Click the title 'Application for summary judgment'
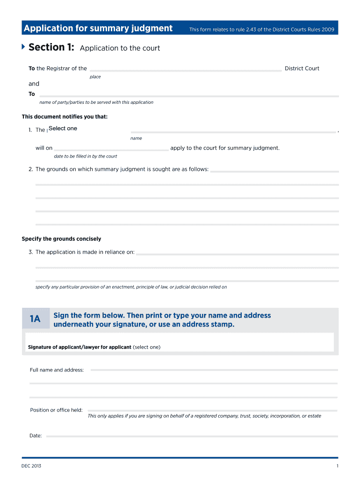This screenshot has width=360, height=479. coord(98,29)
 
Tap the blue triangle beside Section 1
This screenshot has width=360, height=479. coord(23,47)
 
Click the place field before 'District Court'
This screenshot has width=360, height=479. coord(186,68)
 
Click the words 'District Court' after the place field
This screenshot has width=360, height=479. coord(302,68)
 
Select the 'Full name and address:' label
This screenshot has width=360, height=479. coord(57,370)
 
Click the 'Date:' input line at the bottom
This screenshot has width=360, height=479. coord(192,435)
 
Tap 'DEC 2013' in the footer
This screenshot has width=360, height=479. coord(31,466)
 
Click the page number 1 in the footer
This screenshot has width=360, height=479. coord(337,466)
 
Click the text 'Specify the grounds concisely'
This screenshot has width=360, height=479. coord(61,239)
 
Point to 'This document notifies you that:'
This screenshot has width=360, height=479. coord(65,116)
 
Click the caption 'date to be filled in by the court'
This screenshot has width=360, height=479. coord(86,156)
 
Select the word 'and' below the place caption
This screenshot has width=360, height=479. coord(34,84)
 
